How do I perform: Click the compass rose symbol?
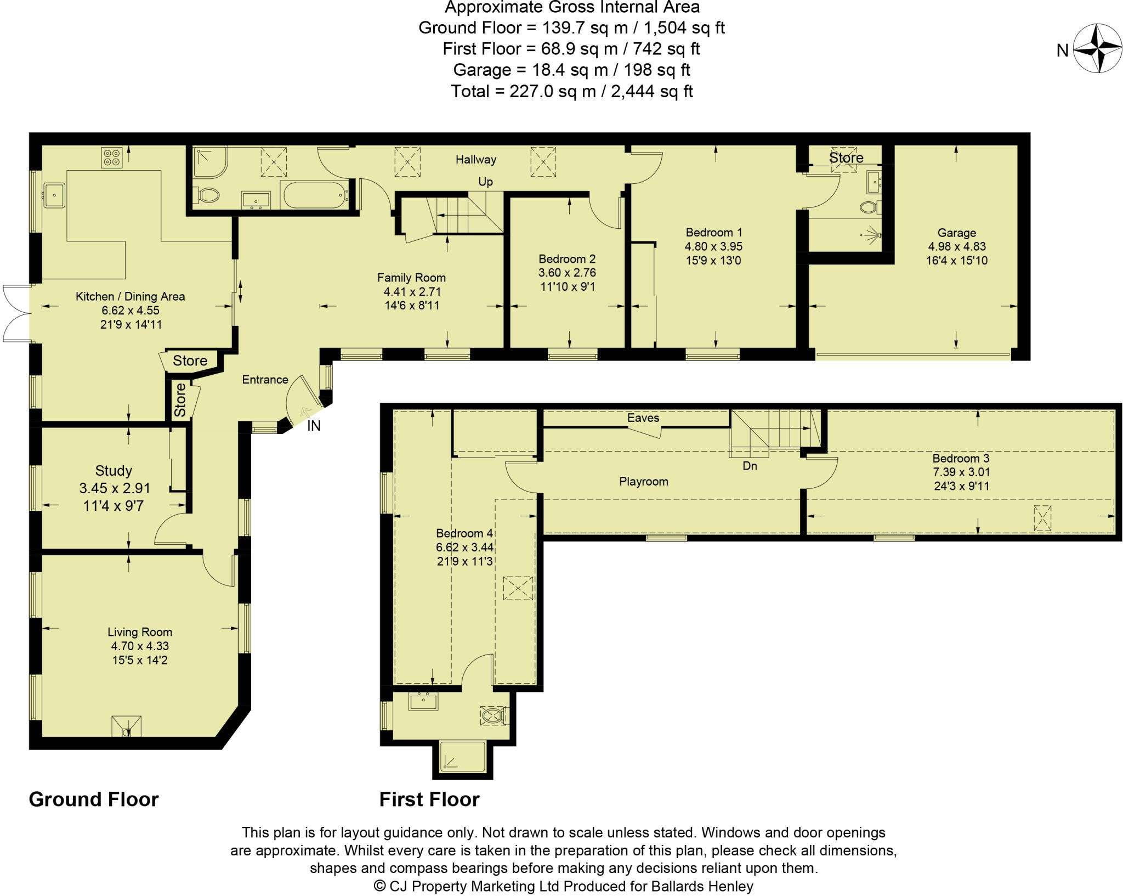coord(1097,48)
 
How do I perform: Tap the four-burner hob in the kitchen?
coord(112,157)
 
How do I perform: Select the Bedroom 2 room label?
coord(567,259)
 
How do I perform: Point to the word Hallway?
coord(476,160)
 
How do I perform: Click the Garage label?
coord(957,233)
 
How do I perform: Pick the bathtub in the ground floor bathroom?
coord(315,194)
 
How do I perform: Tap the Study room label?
coord(114,471)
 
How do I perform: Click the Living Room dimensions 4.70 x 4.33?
coord(140,646)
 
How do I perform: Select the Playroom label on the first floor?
coord(644,482)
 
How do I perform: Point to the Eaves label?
coord(643,418)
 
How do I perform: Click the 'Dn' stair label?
coord(750,466)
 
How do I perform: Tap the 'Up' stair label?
coord(486,182)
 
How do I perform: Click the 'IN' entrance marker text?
coord(314,426)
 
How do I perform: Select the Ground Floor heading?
coord(94,799)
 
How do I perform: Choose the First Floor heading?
coord(429,799)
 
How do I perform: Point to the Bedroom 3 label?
coord(961,458)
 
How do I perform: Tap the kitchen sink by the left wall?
coord(54,195)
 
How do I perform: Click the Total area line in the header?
coord(572,91)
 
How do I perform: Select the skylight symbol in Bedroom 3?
coord(1042,518)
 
